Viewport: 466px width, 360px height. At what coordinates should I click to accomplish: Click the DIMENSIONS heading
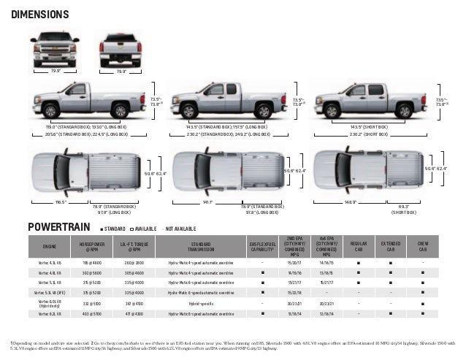pyautogui.click(x=39, y=15)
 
